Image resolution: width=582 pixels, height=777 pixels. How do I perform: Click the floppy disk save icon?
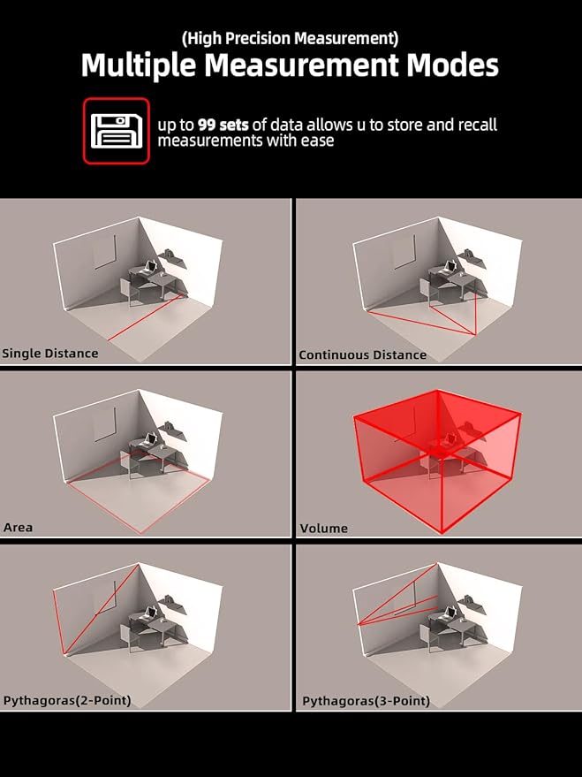point(117,131)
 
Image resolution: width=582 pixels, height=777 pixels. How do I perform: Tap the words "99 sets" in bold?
point(223,125)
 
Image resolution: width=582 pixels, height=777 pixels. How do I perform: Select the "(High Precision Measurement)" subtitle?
point(290,39)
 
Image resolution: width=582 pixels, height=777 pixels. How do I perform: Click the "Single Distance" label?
point(50,354)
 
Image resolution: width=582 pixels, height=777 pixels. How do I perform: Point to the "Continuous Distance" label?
point(362,354)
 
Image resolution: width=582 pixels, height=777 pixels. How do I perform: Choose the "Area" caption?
point(18,527)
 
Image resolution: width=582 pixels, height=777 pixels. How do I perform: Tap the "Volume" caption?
point(323,529)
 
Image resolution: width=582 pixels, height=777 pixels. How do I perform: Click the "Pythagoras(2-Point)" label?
point(67,701)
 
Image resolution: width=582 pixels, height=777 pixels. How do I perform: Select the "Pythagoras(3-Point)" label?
point(366,701)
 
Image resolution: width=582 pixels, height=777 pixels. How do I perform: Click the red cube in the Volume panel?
point(437,461)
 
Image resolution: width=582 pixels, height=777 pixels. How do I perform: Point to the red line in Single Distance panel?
point(147,317)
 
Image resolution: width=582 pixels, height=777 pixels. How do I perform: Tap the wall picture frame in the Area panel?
point(105,424)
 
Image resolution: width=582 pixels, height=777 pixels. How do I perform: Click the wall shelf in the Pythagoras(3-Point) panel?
point(472,605)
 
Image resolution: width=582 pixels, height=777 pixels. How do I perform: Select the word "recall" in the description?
point(478,125)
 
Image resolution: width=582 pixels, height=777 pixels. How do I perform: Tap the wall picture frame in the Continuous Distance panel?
point(404,252)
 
